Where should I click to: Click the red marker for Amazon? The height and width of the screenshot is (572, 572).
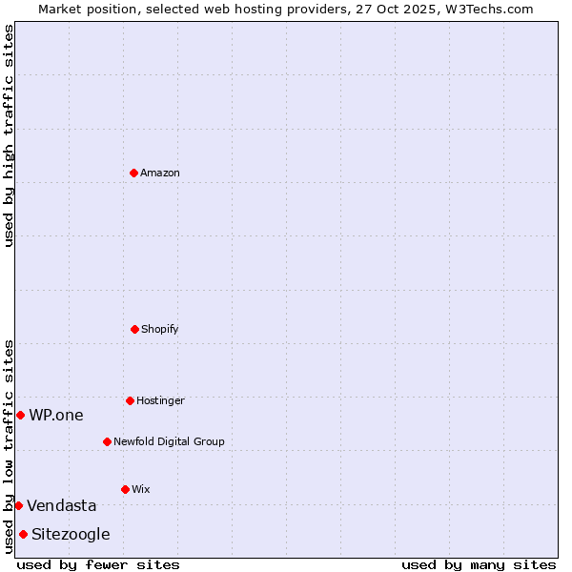click(134, 173)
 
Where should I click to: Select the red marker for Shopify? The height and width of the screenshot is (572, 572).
click(134, 329)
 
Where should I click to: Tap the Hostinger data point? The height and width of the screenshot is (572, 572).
click(130, 400)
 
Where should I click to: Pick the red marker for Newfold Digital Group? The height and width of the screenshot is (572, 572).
click(107, 441)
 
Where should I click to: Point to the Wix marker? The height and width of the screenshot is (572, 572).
click(125, 489)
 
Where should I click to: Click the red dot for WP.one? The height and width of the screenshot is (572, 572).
click(20, 415)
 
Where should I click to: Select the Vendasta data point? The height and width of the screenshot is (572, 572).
click(18, 505)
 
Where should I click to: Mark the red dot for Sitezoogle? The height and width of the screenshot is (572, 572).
click(23, 534)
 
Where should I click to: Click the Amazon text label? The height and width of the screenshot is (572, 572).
click(160, 174)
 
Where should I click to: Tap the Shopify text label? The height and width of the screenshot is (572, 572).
click(160, 330)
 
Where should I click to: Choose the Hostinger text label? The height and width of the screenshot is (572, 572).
click(160, 401)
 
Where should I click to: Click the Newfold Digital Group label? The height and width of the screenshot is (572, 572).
click(169, 442)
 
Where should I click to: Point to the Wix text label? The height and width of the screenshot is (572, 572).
click(141, 490)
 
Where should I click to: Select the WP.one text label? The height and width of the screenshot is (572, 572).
click(56, 416)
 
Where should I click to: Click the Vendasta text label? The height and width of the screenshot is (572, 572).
click(62, 506)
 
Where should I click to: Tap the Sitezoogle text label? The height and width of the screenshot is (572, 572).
click(71, 535)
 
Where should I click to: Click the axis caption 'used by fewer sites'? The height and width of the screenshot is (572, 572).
click(98, 564)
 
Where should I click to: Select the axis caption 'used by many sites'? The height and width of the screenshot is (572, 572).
click(479, 564)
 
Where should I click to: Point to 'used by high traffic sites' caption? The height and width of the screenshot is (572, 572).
click(9, 135)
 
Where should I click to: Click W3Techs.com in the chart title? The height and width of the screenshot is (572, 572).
click(487, 9)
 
